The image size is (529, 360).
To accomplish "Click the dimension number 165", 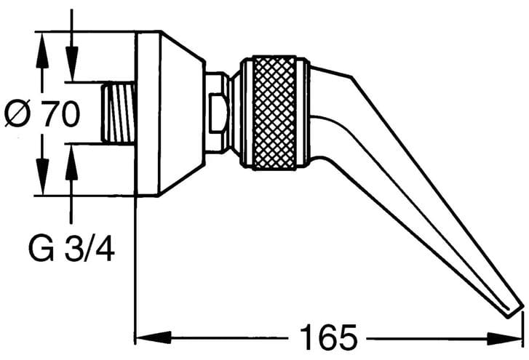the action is pos(328,337).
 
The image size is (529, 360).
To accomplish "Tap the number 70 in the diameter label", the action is pos(60,113).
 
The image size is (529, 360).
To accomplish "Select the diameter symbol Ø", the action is pos(18,113).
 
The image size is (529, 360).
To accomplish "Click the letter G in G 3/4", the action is pos(41,249).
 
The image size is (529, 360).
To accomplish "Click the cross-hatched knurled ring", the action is pos(274,112).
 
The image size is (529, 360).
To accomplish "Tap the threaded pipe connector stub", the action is pos(118,113).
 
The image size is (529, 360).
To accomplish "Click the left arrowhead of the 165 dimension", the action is pos(153,337).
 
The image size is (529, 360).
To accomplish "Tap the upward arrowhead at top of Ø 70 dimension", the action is pos(41,50).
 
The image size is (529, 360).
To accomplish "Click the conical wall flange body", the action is pos(180,113).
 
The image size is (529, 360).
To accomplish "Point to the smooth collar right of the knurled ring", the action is pos(303,113).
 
